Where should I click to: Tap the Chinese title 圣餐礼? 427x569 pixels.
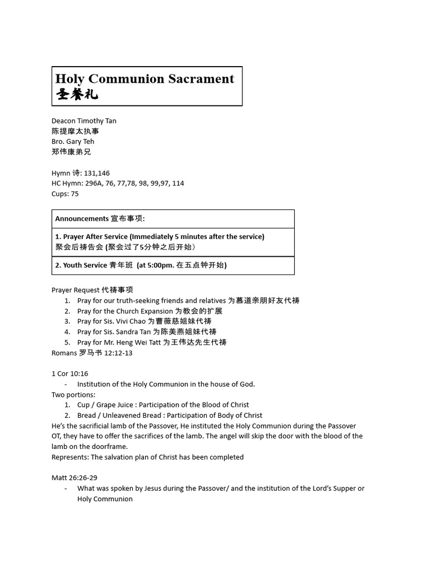click(x=77, y=94)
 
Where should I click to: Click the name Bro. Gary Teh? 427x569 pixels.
click(x=73, y=141)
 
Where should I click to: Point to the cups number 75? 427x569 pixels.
click(x=75, y=193)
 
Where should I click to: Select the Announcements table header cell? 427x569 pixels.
click(x=173, y=219)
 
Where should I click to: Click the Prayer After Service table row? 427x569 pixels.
click(x=173, y=242)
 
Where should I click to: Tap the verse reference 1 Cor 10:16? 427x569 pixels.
click(x=69, y=373)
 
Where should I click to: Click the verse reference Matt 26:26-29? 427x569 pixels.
click(x=75, y=477)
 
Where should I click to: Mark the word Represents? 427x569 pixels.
click(x=69, y=457)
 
